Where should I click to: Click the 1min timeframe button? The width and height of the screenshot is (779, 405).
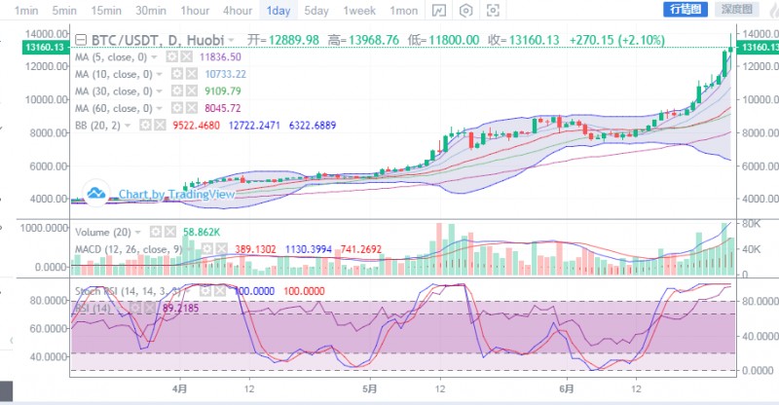click(25, 10)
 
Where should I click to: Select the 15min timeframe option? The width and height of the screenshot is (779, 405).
click(105, 10)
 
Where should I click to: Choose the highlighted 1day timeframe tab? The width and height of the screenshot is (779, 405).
click(278, 10)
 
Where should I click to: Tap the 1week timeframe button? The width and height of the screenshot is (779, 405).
click(359, 10)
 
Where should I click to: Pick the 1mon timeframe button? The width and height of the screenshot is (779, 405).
click(403, 10)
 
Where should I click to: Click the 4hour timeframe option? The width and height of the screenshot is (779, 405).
click(238, 10)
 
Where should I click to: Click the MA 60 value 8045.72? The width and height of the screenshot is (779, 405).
click(219, 107)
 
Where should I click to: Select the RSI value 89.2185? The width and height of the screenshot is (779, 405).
click(185, 308)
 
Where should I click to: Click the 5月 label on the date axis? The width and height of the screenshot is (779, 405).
click(369, 387)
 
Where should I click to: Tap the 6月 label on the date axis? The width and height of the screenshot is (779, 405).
click(568, 387)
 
